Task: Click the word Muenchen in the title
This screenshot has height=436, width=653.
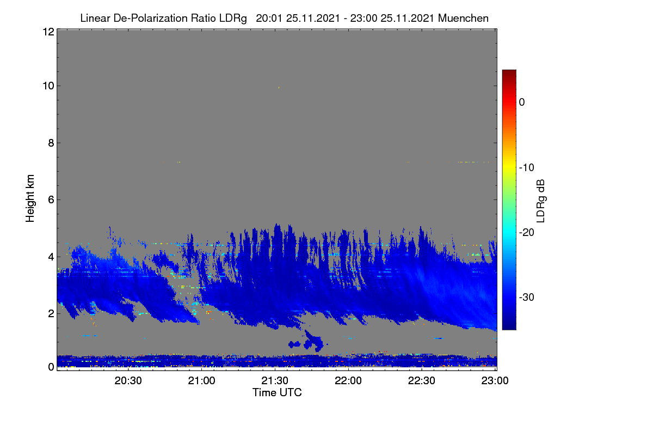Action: [463, 18]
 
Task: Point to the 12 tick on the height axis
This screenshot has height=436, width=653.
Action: [48, 32]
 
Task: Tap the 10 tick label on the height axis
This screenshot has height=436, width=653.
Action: [48, 86]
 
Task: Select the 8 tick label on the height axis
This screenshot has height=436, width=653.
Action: [51, 143]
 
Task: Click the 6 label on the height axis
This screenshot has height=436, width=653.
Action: [51, 200]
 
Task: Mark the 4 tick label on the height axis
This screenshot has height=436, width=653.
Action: [51, 257]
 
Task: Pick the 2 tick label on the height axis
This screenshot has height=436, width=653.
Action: [51, 313]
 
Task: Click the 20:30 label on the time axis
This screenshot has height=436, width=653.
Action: [128, 380]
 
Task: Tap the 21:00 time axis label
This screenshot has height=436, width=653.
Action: [201, 380]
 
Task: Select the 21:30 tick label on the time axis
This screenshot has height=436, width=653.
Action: [275, 380]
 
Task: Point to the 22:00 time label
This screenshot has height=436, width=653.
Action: [348, 380]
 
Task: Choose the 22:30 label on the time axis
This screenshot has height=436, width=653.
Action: [422, 380]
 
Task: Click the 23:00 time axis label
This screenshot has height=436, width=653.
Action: [495, 380]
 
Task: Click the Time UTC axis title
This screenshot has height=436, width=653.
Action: [277, 392]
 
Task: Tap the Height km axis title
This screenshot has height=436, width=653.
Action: [30, 198]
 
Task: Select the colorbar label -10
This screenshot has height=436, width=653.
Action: [527, 168]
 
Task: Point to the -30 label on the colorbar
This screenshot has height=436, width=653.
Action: [527, 297]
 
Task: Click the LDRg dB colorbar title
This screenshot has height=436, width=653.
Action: [541, 201]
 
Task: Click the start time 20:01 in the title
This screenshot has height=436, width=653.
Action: [269, 18]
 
